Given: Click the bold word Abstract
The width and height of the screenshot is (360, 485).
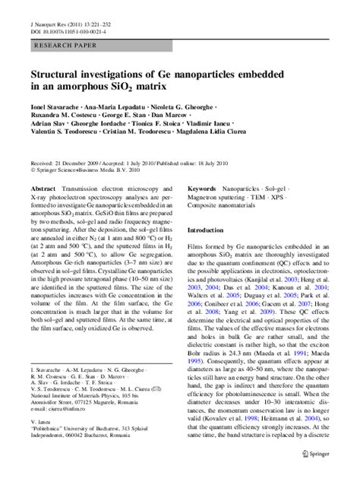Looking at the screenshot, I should pyautogui.click(x=43, y=186).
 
